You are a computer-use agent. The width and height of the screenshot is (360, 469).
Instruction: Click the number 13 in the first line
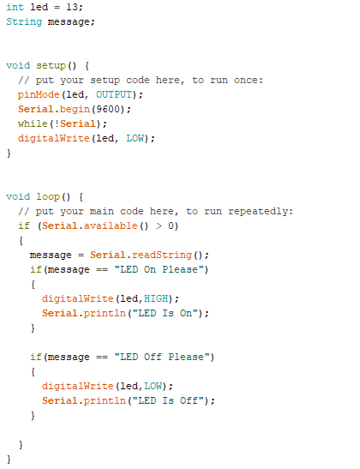click(72, 7)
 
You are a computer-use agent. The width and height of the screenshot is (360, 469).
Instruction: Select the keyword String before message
click(24, 21)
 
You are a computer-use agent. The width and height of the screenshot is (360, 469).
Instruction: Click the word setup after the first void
click(51, 66)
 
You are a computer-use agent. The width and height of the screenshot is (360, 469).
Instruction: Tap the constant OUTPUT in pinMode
click(114, 94)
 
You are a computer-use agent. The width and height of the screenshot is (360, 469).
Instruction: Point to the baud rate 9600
click(108, 109)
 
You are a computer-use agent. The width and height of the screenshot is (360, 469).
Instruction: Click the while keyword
click(33, 123)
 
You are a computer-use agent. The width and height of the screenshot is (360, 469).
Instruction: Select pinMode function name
click(39, 95)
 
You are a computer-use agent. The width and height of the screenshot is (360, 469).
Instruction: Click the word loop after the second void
click(48, 197)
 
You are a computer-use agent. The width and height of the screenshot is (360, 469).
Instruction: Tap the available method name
click(111, 225)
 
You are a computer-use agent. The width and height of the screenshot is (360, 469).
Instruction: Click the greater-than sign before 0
click(159, 225)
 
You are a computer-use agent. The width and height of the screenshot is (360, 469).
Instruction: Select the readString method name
click(162, 256)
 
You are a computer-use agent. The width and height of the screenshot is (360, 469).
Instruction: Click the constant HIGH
click(156, 298)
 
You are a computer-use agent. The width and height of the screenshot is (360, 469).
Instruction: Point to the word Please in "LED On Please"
click(180, 269)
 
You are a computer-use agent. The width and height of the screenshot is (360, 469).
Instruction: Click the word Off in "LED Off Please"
click(153, 357)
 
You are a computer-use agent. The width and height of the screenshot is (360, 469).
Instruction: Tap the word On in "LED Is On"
click(186, 313)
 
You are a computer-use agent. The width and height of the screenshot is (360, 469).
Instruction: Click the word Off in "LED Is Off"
click(189, 400)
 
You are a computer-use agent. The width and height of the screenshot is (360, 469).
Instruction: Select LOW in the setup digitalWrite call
click(135, 138)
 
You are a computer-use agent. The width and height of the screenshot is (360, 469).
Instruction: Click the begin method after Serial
click(75, 110)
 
